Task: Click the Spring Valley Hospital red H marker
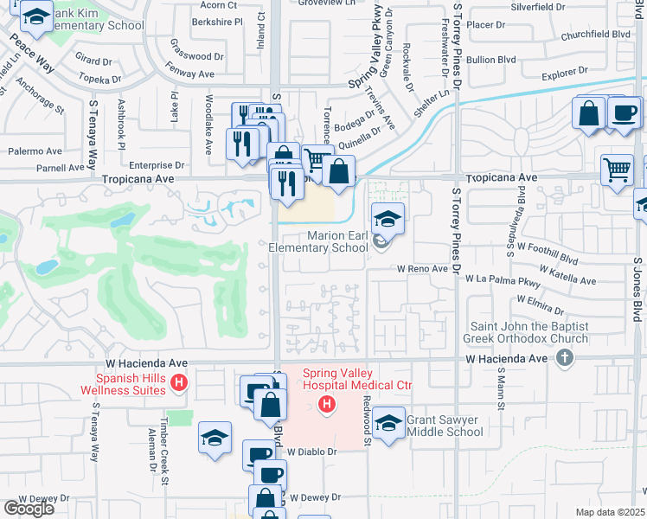click(x=327, y=403)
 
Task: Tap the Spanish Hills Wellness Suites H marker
click(x=179, y=381)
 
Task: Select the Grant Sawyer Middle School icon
click(x=389, y=424)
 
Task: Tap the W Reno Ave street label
click(x=422, y=269)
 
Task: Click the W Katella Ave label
click(x=566, y=281)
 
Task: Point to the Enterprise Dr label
click(x=157, y=164)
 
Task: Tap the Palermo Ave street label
click(x=37, y=151)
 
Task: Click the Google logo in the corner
click(x=29, y=508)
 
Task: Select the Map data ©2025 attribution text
click(x=610, y=512)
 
